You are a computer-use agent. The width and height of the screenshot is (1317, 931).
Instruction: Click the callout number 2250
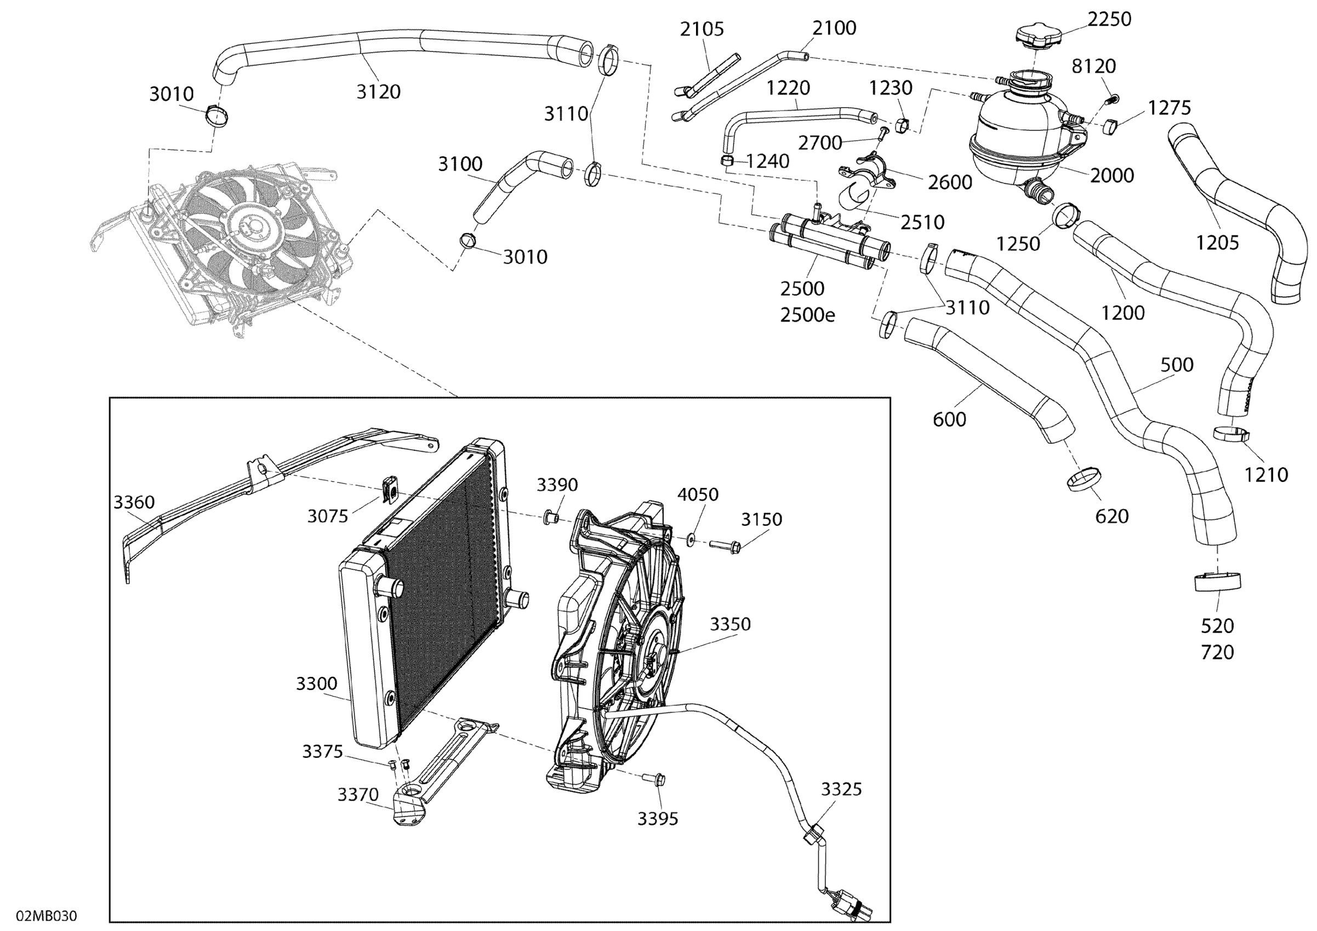(1109, 20)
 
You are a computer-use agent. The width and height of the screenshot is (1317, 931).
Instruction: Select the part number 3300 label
(317, 683)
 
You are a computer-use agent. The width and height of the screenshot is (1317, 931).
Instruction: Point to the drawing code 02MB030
(47, 916)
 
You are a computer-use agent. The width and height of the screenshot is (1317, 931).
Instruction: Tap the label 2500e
(807, 315)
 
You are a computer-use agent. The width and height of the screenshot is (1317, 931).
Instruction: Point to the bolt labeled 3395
(657, 779)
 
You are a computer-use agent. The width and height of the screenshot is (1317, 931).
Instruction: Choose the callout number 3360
(134, 502)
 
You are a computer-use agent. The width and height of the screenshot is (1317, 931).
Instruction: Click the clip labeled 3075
(390, 490)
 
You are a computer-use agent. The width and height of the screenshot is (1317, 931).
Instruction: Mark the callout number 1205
(1217, 243)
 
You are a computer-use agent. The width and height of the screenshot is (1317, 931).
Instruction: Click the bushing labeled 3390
(551, 518)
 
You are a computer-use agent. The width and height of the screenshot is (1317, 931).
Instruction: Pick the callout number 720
(1217, 652)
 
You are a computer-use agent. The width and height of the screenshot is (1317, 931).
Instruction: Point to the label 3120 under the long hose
(378, 91)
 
